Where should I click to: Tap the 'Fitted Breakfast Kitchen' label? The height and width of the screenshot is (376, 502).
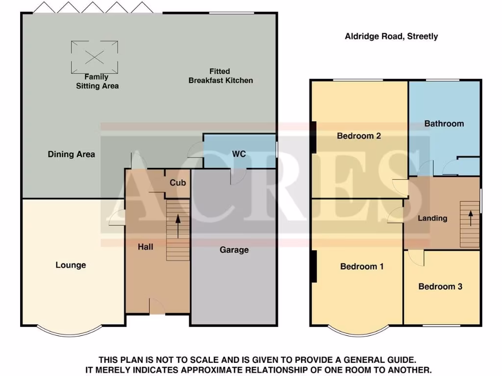click(x=221, y=76)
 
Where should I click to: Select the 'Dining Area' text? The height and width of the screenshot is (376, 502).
click(x=72, y=154)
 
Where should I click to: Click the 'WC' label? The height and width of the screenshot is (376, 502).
click(x=239, y=154)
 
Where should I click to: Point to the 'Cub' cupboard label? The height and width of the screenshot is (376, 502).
click(x=177, y=183)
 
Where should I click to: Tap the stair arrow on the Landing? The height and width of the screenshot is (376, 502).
click(x=471, y=217)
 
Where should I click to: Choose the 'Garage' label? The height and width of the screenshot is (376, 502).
click(x=234, y=250)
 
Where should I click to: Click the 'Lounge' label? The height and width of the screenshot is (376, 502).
click(x=71, y=265)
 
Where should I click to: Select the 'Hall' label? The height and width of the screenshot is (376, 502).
click(x=145, y=247)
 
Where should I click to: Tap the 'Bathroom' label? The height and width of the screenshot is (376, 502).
click(x=444, y=123)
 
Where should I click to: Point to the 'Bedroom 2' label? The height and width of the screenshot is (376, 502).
click(x=359, y=136)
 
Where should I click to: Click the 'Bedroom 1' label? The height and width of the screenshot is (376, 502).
click(x=362, y=266)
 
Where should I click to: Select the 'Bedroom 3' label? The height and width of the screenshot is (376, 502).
click(x=440, y=286)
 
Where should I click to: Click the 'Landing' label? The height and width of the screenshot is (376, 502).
click(x=432, y=218)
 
